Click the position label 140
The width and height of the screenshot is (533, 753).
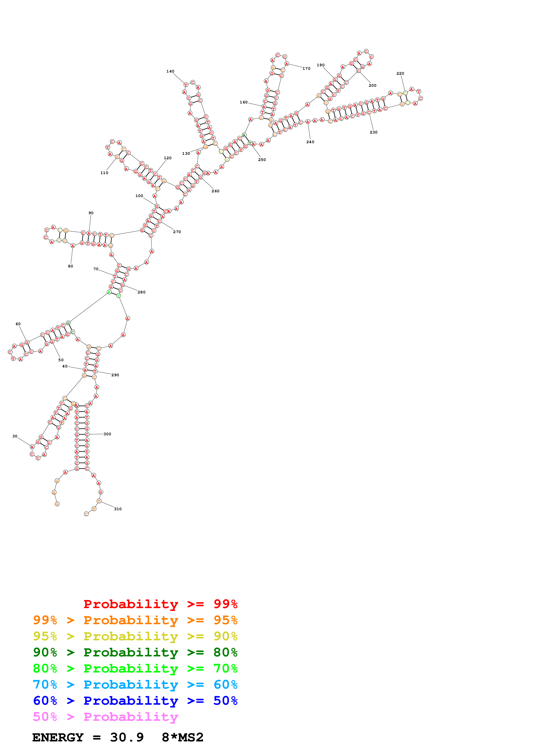pos(170,71)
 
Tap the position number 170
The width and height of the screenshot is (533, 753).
pos(306,68)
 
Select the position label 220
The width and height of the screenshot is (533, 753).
pos(400,73)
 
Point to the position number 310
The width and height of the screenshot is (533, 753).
pos(118,509)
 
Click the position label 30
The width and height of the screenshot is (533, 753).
pos(15,436)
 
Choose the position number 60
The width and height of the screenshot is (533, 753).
pos(18,324)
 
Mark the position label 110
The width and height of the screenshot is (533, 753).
pos(104,173)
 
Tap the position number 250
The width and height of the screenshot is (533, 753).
pos(262,160)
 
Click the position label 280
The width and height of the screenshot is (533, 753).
pos(141,292)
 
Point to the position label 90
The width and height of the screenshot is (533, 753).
pos(91,213)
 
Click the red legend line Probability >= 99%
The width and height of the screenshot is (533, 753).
pos(160,604)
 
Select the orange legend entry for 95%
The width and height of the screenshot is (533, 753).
pos(135,620)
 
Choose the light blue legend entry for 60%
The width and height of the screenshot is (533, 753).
pos(135,685)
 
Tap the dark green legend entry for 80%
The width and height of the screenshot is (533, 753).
pos(135,652)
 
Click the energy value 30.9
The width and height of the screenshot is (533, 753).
pos(127,738)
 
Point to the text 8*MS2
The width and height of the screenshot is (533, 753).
pos(183,738)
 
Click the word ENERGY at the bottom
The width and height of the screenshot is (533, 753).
pos(58,738)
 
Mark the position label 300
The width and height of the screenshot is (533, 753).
pos(107,434)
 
